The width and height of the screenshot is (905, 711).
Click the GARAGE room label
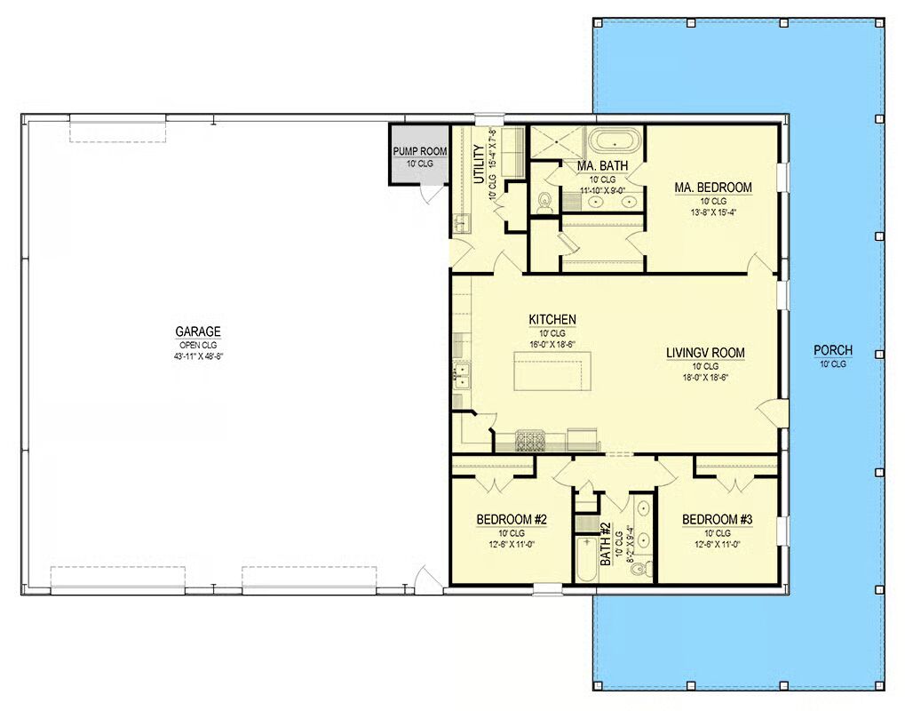[x=198, y=332]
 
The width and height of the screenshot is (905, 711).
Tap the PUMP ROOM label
[x=420, y=151]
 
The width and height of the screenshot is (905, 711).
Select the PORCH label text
[x=833, y=350]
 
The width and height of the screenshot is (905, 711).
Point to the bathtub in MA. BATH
[x=615, y=141]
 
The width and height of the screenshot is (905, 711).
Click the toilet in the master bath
[x=544, y=203]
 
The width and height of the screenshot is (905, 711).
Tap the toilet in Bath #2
[x=641, y=568]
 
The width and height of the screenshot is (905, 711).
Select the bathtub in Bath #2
[x=587, y=559]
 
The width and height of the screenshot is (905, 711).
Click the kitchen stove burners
[x=530, y=442]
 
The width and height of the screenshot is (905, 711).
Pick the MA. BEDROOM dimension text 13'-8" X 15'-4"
[x=713, y=212]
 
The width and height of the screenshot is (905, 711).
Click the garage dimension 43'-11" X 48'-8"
[x=198, y=356]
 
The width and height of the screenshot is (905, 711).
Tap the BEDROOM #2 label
[x=512, y=519]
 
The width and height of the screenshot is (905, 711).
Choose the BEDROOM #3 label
[x=718, y=519]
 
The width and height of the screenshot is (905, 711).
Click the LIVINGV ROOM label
[x=705, y=352]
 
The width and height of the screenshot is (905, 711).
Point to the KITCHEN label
[x=552, y=319]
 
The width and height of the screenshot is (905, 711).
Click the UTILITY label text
[x=479, y=164]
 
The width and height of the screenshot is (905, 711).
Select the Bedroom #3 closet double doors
[x=734, y=480]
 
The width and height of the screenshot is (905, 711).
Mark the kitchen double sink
[x=462, y=374]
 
